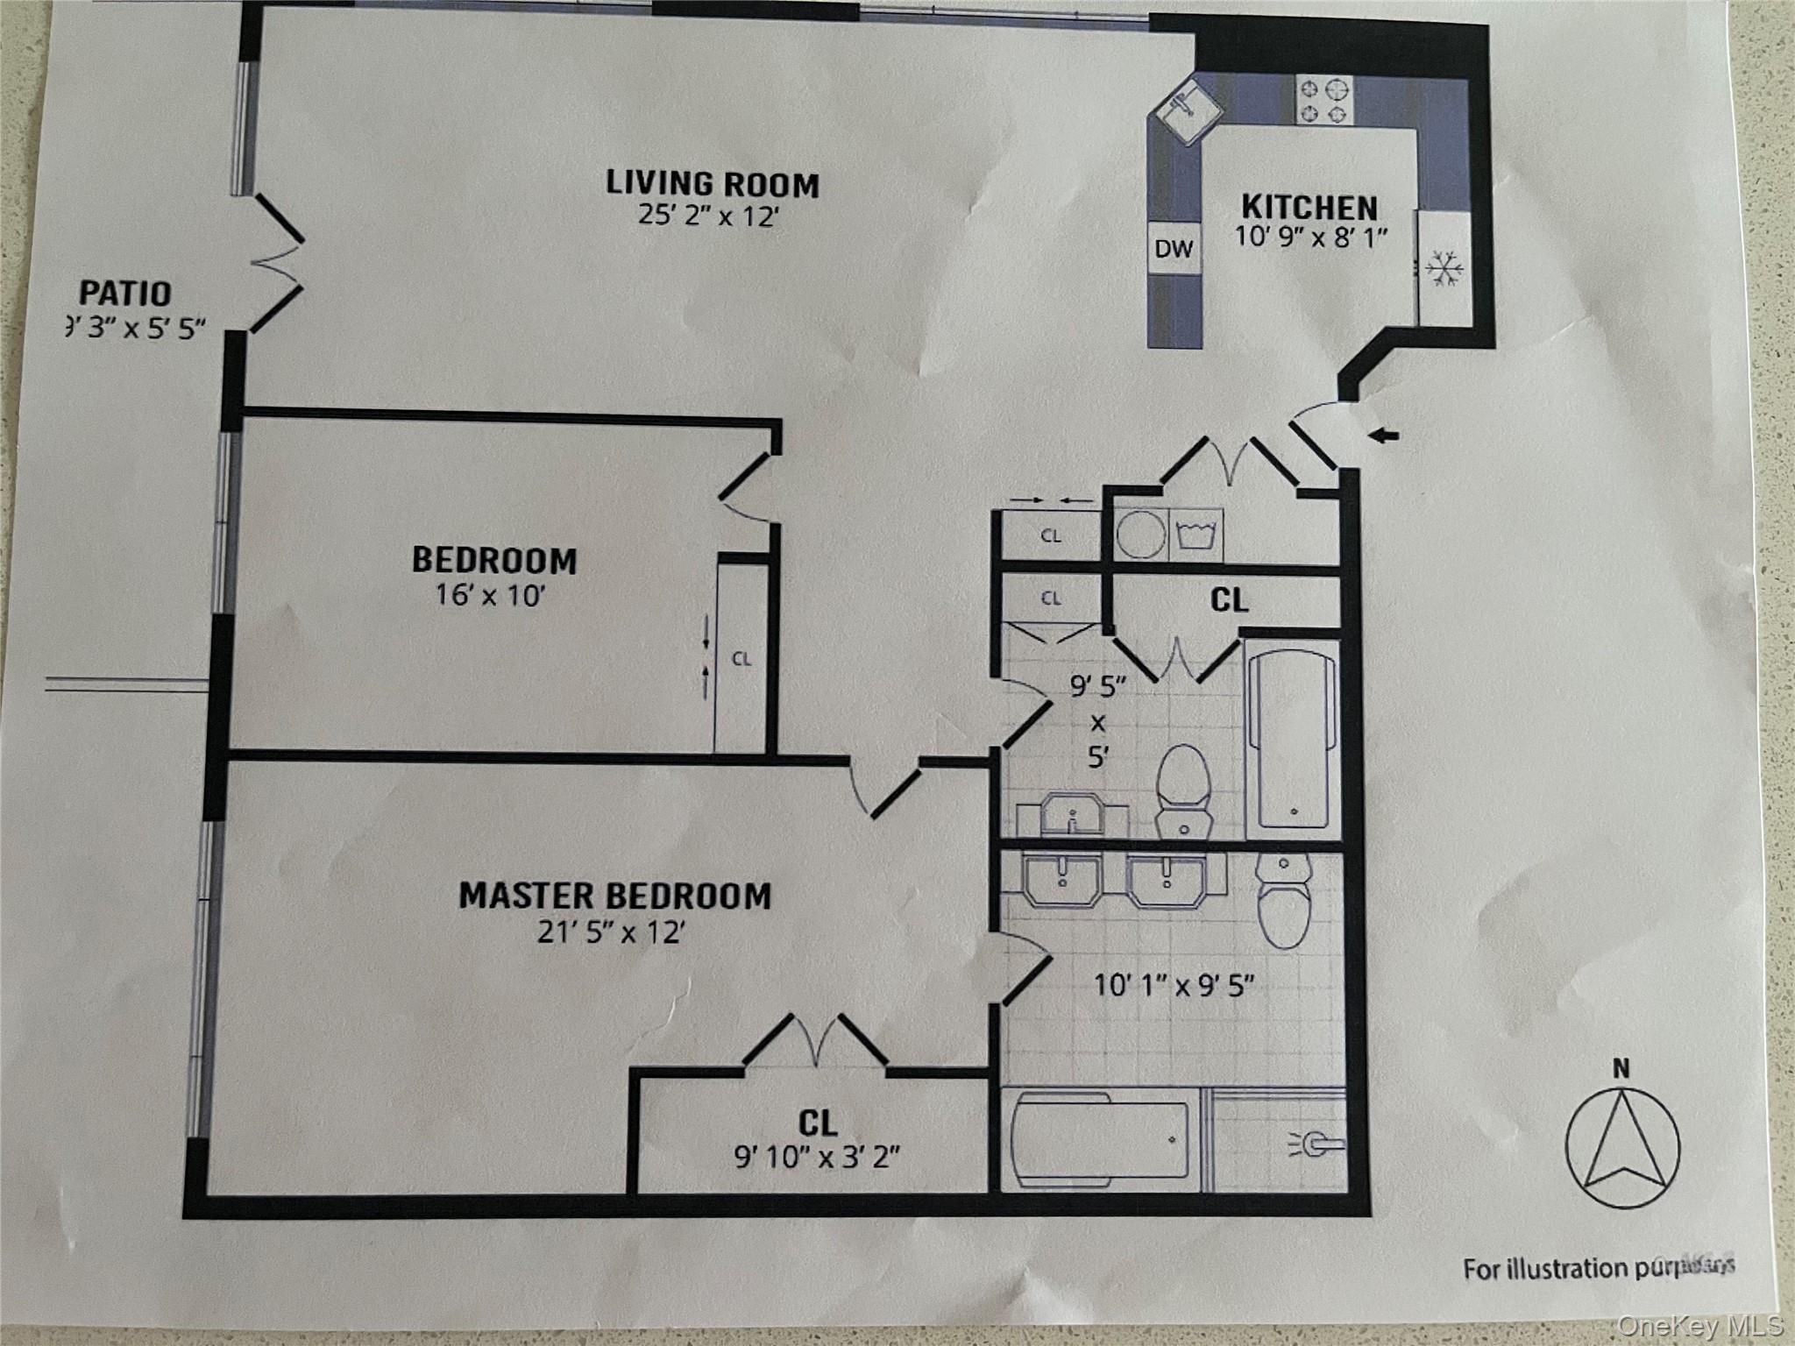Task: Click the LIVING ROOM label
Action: pyautogui.click(x=712, y=184)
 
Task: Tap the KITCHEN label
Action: pyautogui.click(x=1309, y=208)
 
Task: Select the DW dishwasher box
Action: pyautogui.click(x=1174, y=249)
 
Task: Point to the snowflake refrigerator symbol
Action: pyautogui.click(x=1441, y=268)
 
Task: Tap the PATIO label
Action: pyautogui.click(x=125, y=293)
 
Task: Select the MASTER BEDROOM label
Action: pyautogui.click(x=614, y=896)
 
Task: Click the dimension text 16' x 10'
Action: pyautogui.click(x=491, y=596)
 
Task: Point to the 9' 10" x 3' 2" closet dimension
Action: pyautogui.click(x=817, y=1158)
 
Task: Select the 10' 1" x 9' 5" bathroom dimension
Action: pyautogui.click(x=1174, y=986)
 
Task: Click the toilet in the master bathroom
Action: pyautogui.click(x=1281, y=903)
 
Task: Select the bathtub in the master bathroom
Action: pyautogui.click(x=1101, y=1140)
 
